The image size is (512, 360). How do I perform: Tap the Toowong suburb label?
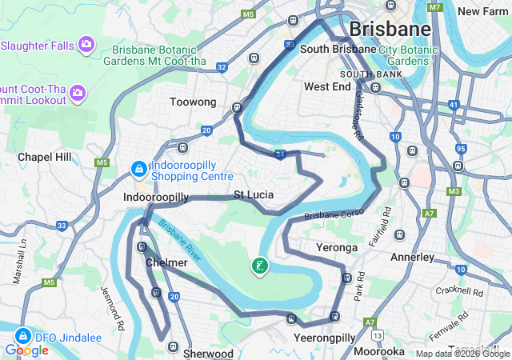pyautogui.click(x=193, y=102)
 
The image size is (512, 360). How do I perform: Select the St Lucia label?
pyautogui.click(x=254, y=194)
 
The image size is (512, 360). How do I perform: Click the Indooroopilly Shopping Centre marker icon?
pyautogui.click(x=139, y=169)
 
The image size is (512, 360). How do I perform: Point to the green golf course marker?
pyautogui.click(x=260, y=266)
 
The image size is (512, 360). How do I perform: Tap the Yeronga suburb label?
pyautogui.click(x=337, y=247)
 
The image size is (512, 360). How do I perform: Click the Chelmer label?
pyautogui.click(x=166, y=262)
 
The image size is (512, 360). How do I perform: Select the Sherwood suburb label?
pyautogui.click(x=208, y=353)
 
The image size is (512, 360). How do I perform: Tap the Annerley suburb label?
pyautogui.click(x=412, y=258)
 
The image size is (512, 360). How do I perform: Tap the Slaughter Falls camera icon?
pyautogui.click(x=86, y=44)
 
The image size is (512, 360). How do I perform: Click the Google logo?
pyautogui.click(x=26, y=350)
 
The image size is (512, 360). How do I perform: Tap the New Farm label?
pyautogui.click(x=483, y=11)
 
